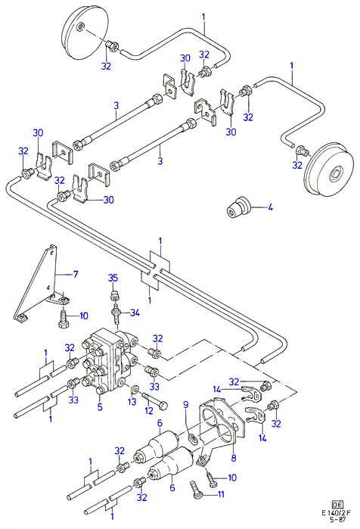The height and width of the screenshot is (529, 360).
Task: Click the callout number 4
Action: (x=270, y=207)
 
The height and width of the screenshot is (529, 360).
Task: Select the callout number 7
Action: (x=76, y=274)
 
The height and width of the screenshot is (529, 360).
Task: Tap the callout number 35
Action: (x=113, y=278)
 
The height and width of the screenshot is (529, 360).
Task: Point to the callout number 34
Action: (x=135, y=313)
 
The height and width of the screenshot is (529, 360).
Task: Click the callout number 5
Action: (x=100, y=407)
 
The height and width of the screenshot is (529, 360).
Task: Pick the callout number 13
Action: (x=132, y=401)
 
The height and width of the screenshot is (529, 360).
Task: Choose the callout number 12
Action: (x=149, y=410)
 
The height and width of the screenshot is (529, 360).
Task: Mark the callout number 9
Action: (x=185, y=403)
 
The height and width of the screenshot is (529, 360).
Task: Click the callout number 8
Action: (x=234, y=458)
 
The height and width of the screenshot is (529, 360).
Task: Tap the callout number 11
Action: (x=221, y=494)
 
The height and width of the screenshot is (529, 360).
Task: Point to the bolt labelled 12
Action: (x=156, y=400)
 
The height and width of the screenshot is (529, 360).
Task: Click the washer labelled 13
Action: (x=135, y=389)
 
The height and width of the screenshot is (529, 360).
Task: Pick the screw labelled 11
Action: (x=196, y=489)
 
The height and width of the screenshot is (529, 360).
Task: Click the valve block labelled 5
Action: (x=107, y=361)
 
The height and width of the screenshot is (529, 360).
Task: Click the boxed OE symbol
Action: (x=338, y=505)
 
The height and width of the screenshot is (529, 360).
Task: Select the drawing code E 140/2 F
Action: (x=336, y=513)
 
